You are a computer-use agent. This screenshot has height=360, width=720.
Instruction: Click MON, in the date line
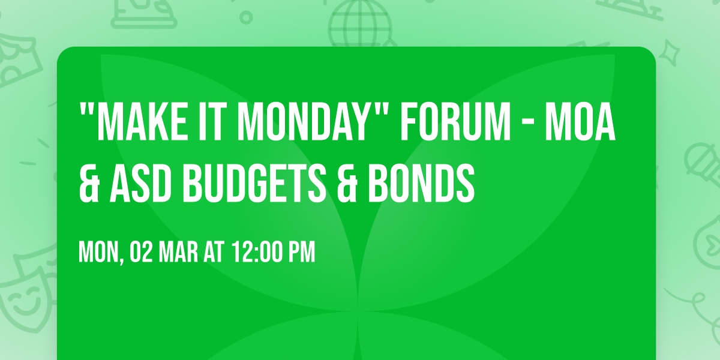(101, 253)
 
